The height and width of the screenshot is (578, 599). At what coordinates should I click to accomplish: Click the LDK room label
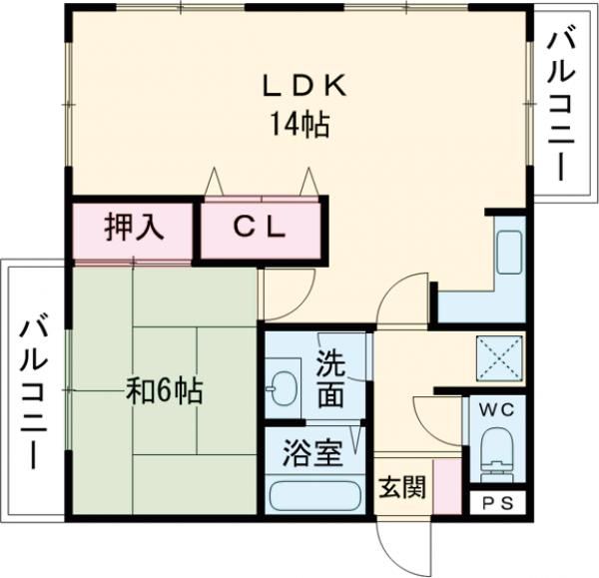pyautogui.click(x=303, y=87)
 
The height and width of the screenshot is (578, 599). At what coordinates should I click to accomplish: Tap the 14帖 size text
pyautogui.click(x=299, y=126)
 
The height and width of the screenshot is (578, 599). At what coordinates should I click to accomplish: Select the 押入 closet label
pyautogui.click(x=133, y=229)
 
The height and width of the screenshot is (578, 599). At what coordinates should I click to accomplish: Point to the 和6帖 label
pyautogui.click(x=164, y=389)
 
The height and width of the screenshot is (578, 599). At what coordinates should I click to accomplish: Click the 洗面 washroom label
pyautogui.click(x=331, y=378)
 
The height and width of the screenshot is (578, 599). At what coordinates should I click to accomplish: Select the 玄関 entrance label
pyautogui.click(x=402, y=488)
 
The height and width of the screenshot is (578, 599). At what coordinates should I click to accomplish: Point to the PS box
pyautogui.click(x=496, y=503)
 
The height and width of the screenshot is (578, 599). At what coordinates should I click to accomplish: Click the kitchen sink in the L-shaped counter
pyautogui.click(x=509, y=254)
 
